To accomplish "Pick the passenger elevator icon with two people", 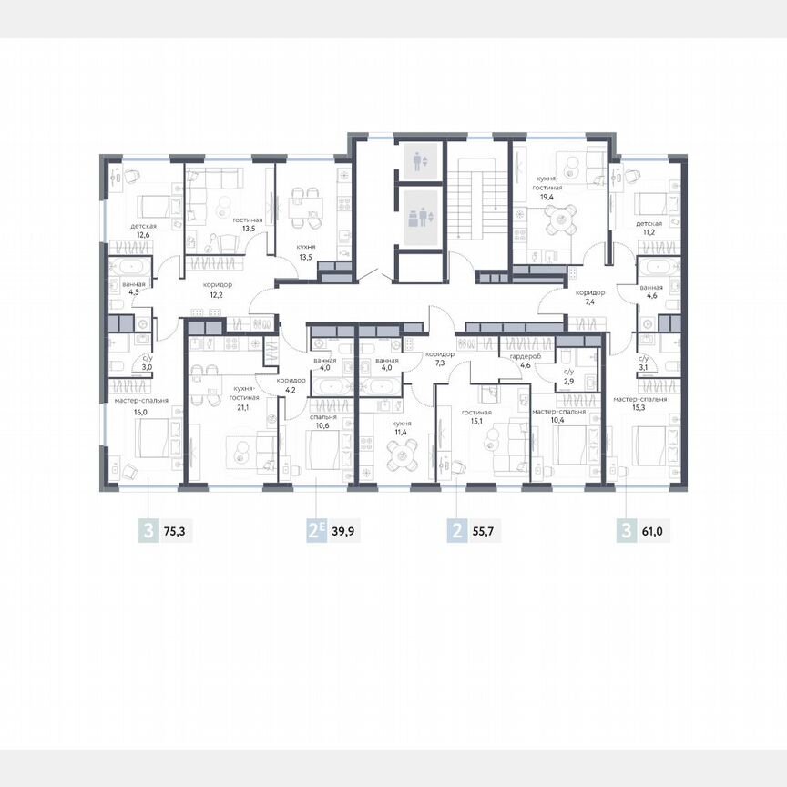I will click(418, 219).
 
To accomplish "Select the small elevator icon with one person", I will click(418, 162).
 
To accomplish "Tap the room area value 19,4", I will click(548, 196).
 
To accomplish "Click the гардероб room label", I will click(526, 356).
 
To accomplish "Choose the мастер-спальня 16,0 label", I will click(138, 404).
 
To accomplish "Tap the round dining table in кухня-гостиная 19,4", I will click(555, 218).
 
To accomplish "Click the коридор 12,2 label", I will click(218, 290).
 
